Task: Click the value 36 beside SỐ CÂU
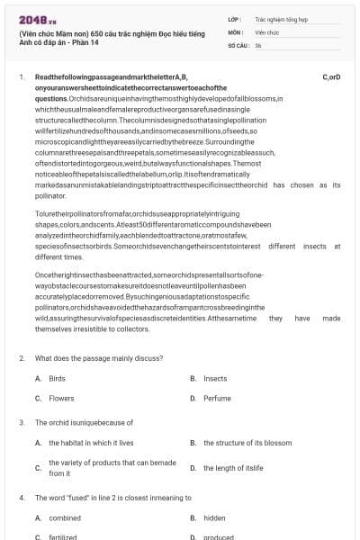point(257,44)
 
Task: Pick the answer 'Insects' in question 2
point(215,378)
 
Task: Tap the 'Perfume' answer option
point(217,397)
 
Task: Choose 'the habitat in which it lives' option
point(91,443)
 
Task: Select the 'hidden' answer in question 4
point(214,517)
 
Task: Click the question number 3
point(22,421)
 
